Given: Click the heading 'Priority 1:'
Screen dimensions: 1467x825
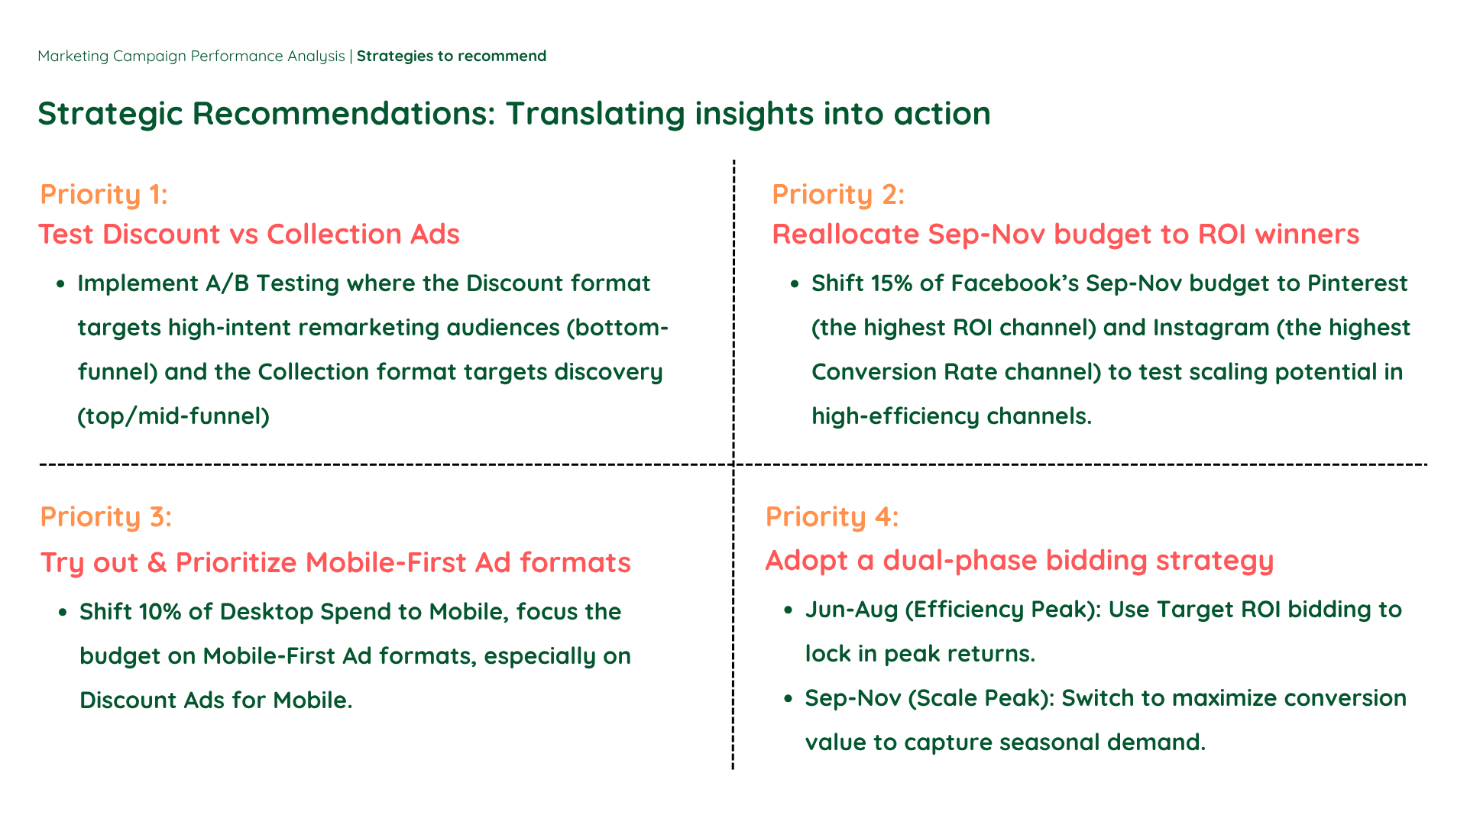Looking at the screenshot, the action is [x=104, y=195].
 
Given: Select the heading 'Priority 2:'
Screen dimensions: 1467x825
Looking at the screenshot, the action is [x=838, y=195].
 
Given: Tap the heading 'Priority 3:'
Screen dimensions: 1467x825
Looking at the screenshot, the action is [x=106, y=517].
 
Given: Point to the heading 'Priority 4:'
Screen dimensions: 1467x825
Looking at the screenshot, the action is [x=832, y=517].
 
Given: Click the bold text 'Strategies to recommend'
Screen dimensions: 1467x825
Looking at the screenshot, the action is [x=452, y=57].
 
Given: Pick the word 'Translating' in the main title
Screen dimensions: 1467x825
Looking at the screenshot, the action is [x=594, y=115].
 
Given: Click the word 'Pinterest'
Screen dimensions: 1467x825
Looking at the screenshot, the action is [x=1358, y=283].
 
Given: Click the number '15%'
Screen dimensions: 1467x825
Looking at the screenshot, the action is [x=892, y=283].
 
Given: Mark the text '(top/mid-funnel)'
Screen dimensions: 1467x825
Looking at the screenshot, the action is [x=173, y=416].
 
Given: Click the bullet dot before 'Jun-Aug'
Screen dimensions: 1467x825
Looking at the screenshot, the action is [x=789, y=610].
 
